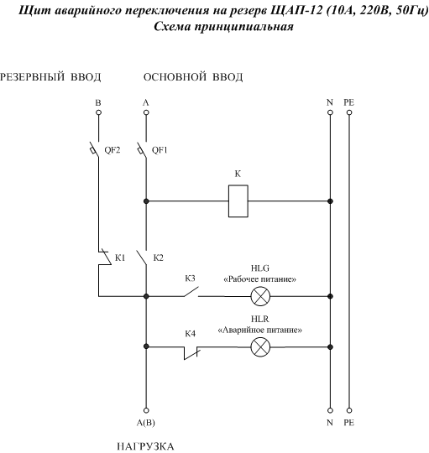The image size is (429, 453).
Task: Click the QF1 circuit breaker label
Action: click(x=160, y=150)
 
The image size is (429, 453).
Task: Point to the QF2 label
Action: click(x=112, y=150)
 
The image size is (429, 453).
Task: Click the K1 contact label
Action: click(x=120, y=258)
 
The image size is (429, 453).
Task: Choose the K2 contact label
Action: click(x=158, y=258)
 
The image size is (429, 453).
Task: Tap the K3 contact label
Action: click(x=190, y=279)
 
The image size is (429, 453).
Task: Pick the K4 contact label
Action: click(x=190, y=334)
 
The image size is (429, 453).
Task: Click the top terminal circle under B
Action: click(x=98, y=112)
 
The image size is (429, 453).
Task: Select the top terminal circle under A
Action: click(x=146, y=112)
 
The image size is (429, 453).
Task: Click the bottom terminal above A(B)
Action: click(x=146, y=410)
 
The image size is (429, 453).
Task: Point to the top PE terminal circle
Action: click(x=349, y=112)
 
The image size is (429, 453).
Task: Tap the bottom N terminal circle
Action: click(x=330, y=410)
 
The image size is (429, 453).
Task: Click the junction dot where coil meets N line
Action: click(x=330, y=201)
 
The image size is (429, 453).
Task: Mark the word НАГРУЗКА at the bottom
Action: click(x=145, y=446)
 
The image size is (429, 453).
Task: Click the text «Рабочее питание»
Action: click(x=260, y=279)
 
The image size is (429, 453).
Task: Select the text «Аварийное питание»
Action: click(x=260, y=330)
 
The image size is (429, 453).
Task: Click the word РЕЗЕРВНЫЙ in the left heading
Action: click(x=32, y=77)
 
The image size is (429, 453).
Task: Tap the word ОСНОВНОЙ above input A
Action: click(x=175, y=77)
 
